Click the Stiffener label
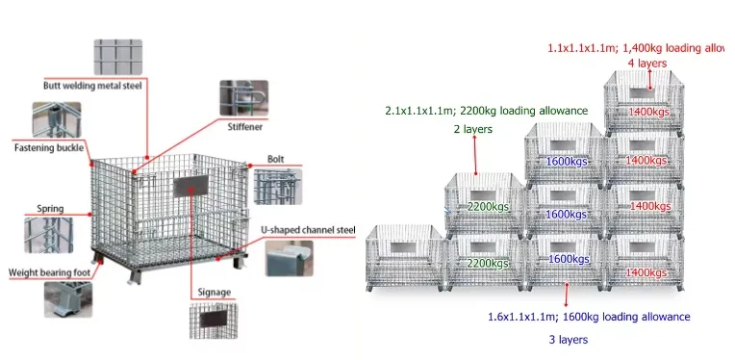click(x=244, y=126)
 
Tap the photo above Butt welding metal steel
click(x=117, y=58)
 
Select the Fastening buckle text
click(x=46, y=148)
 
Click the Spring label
click(x=50, y=208)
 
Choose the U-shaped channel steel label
click(x=308, y=230)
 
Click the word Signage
click(x=214, y=292)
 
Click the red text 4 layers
click(x=646, y=63)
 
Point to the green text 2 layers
click(x=472, y=128)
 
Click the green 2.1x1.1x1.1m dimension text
click(x=486, y=111)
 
